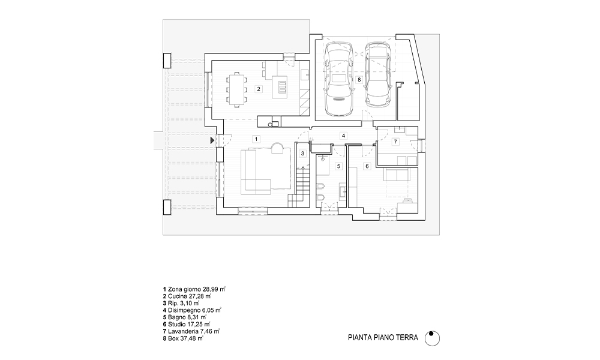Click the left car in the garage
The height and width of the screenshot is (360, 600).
click(x=338, y=79)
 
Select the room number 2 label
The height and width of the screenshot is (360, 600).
click(x=258, y=89)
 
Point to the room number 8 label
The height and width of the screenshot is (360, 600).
click(x=359, y=79)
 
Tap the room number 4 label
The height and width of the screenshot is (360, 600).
click(x=343, y=136)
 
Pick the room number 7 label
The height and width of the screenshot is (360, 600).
click(x=395, y=142)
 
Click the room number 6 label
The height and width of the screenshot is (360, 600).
click(x=366, y=166)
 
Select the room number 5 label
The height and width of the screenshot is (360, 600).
click(x=338, y=166)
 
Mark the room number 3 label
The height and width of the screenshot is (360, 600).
click(x=302, y=153)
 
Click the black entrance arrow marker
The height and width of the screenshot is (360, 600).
click(x=212, y=140)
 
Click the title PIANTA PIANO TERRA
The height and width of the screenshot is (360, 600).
click(x=382, y=338)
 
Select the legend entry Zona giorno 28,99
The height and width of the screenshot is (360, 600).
click(x=193, y=289)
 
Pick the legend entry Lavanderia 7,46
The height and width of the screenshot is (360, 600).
click(x=191, y=331)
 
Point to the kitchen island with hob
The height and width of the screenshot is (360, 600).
click(x=279, y=88)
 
